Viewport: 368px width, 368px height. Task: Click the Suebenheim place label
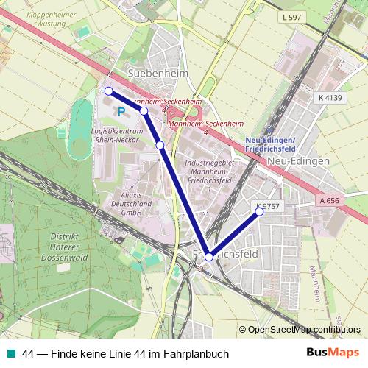coord(158,74)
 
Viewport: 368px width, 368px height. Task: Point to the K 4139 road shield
coord(331,97)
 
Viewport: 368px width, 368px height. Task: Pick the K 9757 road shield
coord(269,206)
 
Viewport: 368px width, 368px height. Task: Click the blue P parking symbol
coord(121,112)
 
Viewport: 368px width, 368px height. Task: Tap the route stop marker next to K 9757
coord(259,212)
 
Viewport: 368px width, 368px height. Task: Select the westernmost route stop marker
coord(108,91)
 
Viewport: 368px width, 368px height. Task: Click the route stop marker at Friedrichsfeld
coord(209,257)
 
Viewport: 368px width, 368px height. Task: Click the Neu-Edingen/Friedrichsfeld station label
coord(270,144)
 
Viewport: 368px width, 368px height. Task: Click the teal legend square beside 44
coord(11,354)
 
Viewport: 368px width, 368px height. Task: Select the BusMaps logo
coord(333,353)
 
